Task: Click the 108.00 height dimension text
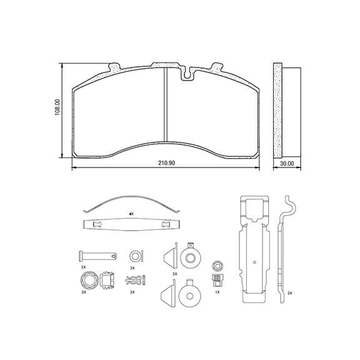57,107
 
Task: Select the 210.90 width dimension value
166,162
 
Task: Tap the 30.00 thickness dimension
287,164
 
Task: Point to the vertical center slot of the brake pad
166,105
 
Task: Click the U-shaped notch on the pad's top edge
188,74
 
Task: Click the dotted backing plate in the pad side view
277,111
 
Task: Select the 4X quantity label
131,214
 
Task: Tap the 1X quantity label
217,292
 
